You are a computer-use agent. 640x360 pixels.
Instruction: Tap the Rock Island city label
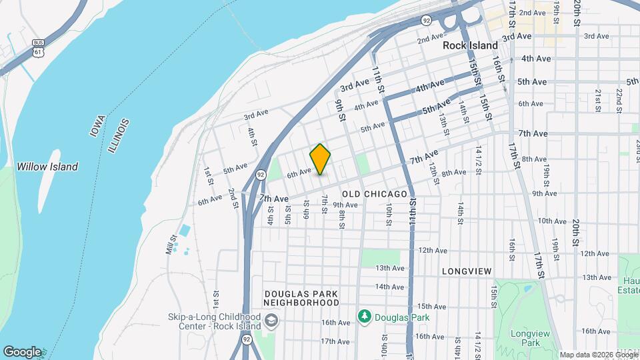(471, 45)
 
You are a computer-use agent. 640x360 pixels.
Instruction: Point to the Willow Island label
(47, 167)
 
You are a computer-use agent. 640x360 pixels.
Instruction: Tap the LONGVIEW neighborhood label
(467, 271)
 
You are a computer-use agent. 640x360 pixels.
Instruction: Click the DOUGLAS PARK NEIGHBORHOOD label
(301, 298)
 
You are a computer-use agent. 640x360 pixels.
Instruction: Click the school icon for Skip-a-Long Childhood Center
(271, 322)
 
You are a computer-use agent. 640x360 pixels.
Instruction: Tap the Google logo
(22, 352)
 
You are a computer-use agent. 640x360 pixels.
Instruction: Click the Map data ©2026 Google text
(598, 355)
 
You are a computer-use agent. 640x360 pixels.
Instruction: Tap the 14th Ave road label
(389, 287)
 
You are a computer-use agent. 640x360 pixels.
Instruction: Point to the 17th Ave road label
(335, 341)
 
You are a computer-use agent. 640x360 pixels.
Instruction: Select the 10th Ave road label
(552, 221)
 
